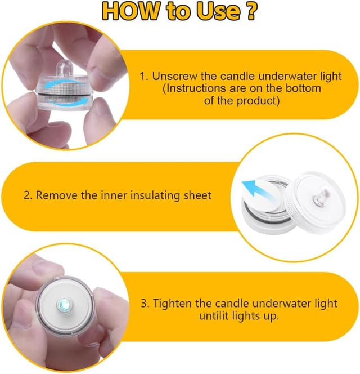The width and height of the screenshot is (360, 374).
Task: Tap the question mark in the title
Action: [251, 11]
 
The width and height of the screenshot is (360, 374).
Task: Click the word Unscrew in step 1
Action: [175, 76]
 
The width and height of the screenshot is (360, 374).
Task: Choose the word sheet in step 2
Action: [197, 195]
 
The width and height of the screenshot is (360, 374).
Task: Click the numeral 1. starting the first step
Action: [144, 77]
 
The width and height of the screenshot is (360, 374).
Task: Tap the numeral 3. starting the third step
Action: [145, 304]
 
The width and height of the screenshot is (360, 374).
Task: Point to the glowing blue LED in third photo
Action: [64, 304]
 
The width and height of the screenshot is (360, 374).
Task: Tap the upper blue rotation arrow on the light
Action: [64, 84]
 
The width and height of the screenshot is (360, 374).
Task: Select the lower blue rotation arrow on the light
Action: [68, 102]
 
